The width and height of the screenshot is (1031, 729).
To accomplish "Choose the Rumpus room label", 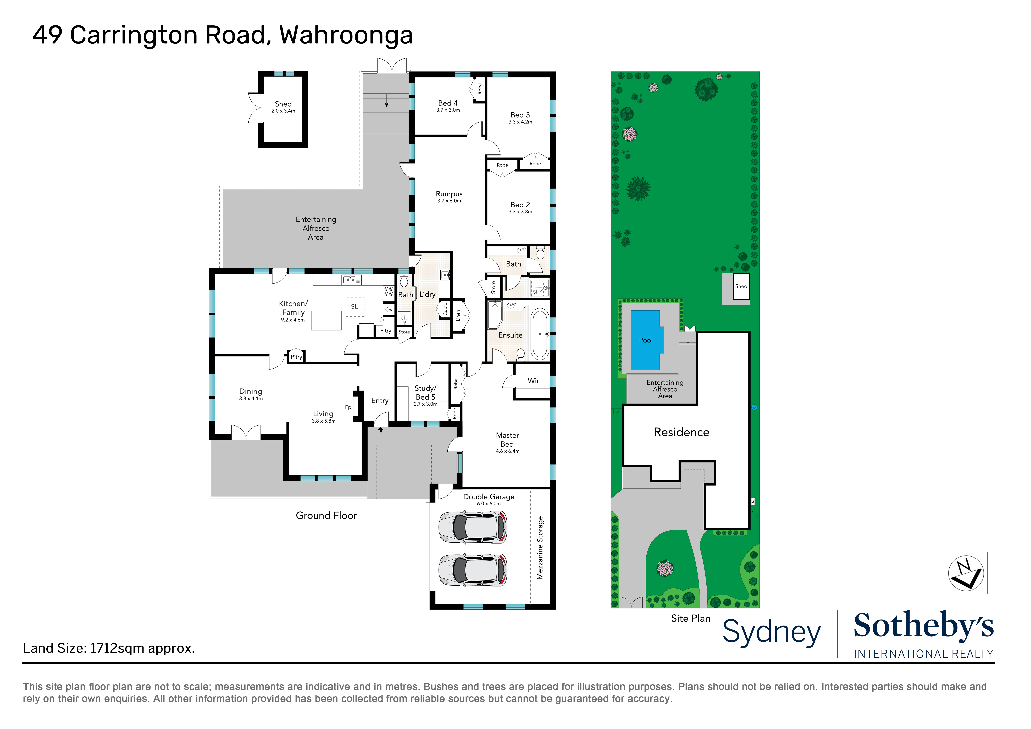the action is [449, 194].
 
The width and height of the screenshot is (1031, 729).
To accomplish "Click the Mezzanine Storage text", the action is [540, 548].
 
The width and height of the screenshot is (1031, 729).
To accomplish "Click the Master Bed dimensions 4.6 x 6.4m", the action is [507, 451].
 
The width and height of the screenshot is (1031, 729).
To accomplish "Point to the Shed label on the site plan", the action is [741, 286].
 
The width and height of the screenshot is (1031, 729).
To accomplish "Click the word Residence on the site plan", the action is [682, 432].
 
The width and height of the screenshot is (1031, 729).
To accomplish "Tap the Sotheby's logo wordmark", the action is [923, 626].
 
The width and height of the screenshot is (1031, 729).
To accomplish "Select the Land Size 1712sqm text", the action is [109, 648].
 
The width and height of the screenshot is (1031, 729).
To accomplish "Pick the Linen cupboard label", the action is [458, 315].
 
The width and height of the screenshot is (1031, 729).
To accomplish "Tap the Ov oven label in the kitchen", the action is [389, 310].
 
